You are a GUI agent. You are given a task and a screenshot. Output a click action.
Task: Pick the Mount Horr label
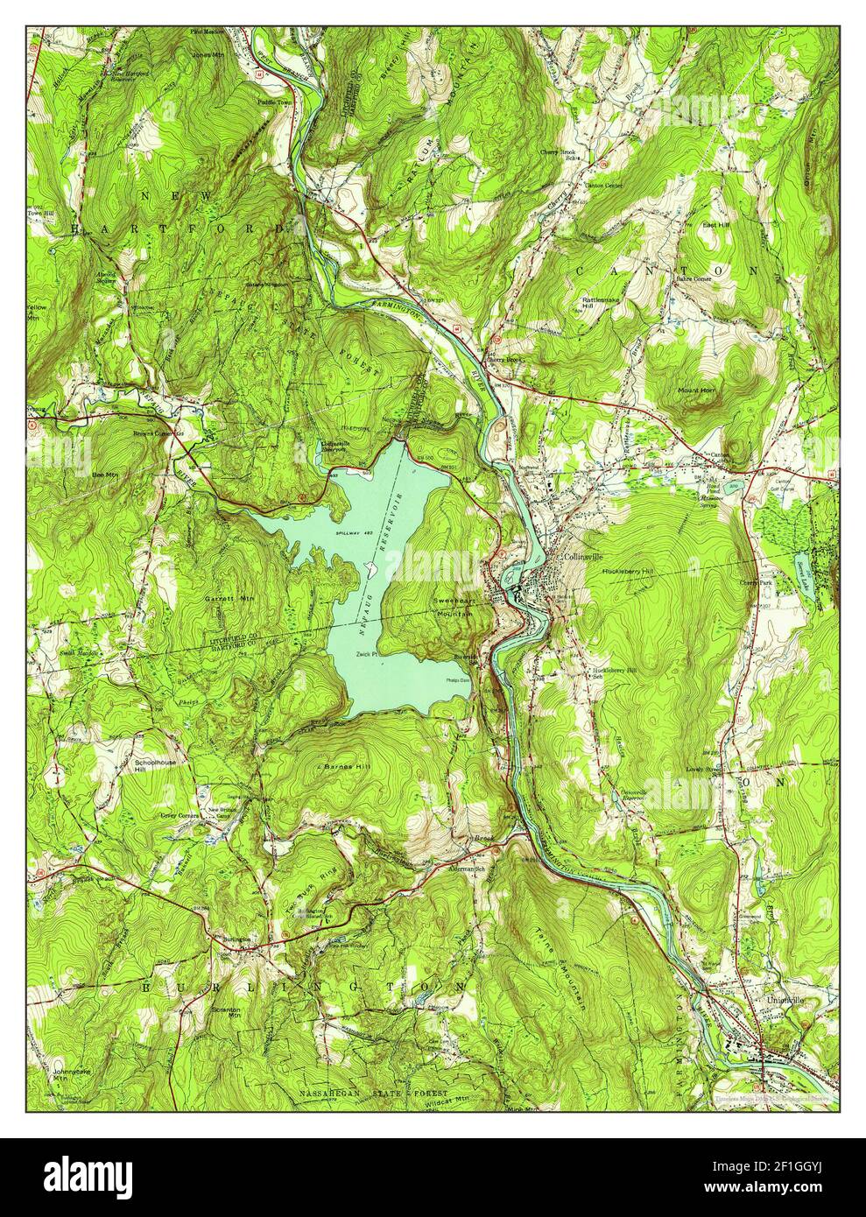click(695, 389)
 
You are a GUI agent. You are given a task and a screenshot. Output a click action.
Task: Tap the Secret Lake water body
click(804, 572)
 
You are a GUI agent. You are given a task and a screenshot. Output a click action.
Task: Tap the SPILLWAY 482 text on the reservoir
click(353, 532)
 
